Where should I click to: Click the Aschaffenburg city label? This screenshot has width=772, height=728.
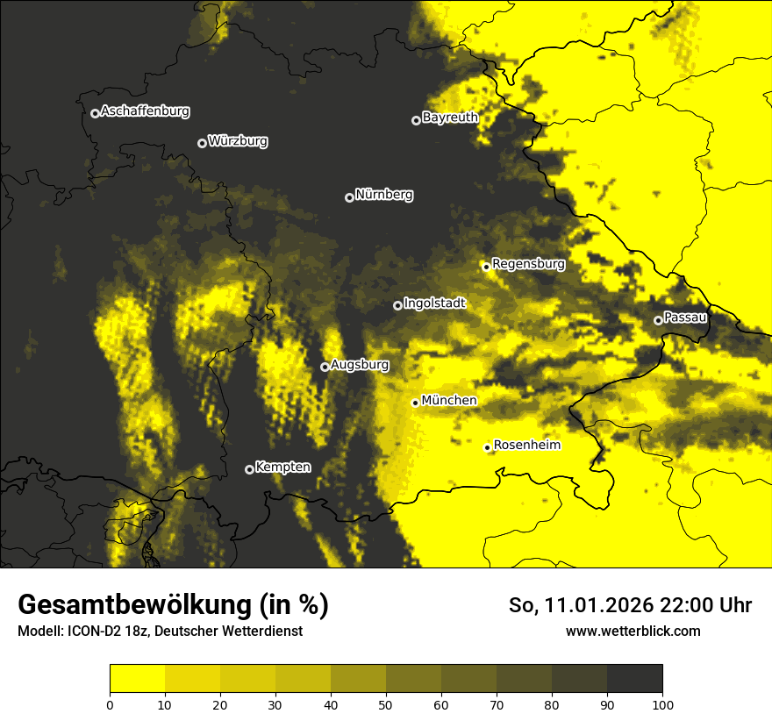point(145,111)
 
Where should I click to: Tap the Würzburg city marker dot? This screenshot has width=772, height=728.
point(202,143)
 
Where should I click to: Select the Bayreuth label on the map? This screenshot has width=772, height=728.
point(450,118)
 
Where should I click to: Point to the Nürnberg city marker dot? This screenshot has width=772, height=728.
point(349,197)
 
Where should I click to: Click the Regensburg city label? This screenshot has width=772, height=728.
point(528,263)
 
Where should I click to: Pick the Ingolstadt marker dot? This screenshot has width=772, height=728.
point(397,305)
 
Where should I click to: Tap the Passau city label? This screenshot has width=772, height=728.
point(685,318)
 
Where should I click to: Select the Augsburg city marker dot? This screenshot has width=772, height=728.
point(325,367)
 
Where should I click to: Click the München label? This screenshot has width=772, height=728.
point(449,401)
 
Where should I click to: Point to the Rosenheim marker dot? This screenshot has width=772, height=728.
point(487,448)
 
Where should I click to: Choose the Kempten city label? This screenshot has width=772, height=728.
point(282,467)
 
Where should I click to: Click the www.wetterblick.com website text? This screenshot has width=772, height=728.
point(633,631)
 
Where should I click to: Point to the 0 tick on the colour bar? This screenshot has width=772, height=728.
point(110,703)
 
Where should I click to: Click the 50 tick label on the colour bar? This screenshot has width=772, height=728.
point(386,703)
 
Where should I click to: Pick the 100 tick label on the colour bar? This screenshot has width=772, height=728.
point(662,703)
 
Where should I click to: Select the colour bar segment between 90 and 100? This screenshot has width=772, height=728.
point(634,679)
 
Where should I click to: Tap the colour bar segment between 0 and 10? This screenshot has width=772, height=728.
point(137,679)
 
